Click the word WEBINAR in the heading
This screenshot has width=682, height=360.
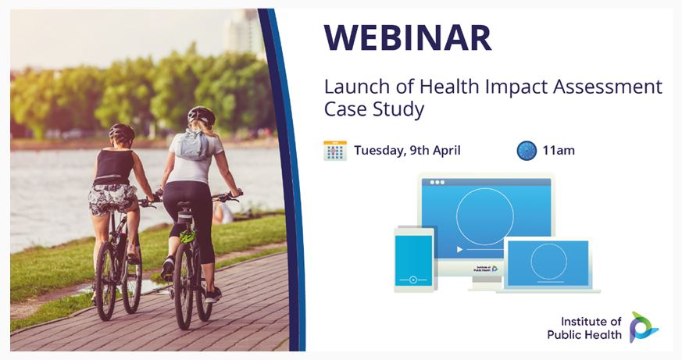pyautogui.click(x=408, y=37)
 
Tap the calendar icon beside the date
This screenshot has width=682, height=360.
pyautogui.click(x=335, y=151)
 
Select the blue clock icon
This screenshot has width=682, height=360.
pyautogui.click(x=527, y=151)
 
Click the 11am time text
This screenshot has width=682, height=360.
pyautogui.click(x=559, y=151)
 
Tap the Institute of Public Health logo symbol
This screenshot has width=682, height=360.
pyautogui.click(x=644, y=327)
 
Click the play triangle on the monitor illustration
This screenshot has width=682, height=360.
pyautogui.click(x=459, y=250)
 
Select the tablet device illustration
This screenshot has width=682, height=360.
pyautogui.click(x=414, y=259)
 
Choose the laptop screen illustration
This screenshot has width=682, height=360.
pyautogui.click(x=548, y=263)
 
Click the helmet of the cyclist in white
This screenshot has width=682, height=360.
pyautogui.click(x=202, y=115)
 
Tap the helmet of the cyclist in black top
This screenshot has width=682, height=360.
pyautogui.click(x=122, y=132)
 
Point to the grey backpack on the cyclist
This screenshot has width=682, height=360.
pyautogui.click(x=193, y=144)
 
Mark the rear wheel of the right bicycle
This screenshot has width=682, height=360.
pyautogui.click(x=184, y=286)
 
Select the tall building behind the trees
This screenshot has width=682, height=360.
pyautogui.click(x=244, y=33)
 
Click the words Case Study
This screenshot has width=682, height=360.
pyautogui.click(x=374, y=109)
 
